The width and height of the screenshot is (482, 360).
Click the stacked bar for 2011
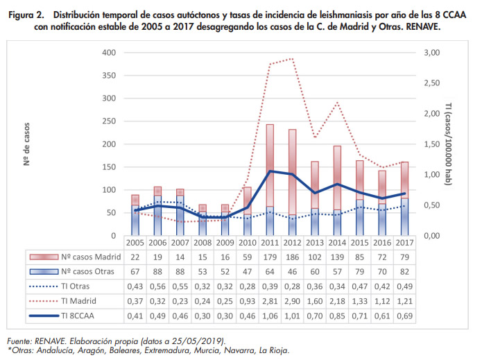270,180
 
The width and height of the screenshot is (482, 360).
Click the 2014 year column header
336,243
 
